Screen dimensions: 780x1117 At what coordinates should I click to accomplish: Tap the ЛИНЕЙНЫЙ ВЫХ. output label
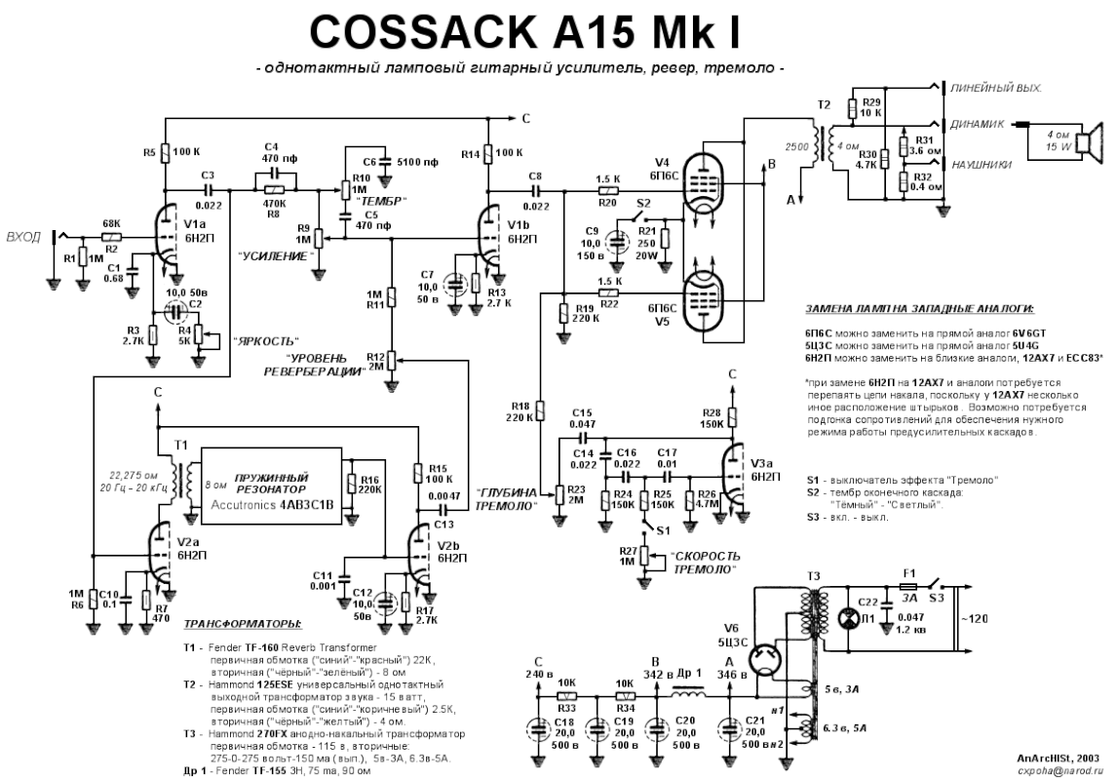995,89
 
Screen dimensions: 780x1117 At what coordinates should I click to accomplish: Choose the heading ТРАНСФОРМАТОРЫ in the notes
243,623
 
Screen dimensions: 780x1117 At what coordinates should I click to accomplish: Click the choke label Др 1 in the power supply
670,673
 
